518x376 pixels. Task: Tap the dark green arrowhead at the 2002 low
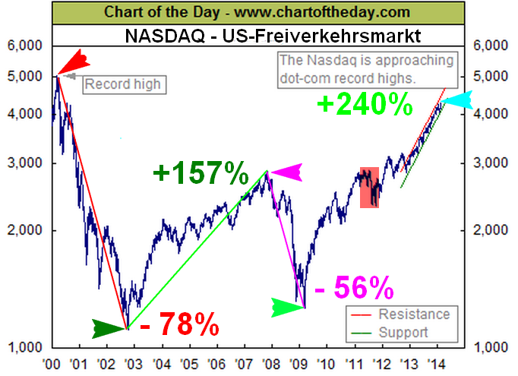point(109,328)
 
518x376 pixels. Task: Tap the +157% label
point(201,174)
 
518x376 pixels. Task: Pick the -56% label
point(353,288)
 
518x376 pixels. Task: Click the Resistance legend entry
point(414,314)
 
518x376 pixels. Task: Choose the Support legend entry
point(403,332)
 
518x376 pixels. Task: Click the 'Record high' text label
point(122,83)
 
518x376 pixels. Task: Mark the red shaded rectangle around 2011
point(369,187)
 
